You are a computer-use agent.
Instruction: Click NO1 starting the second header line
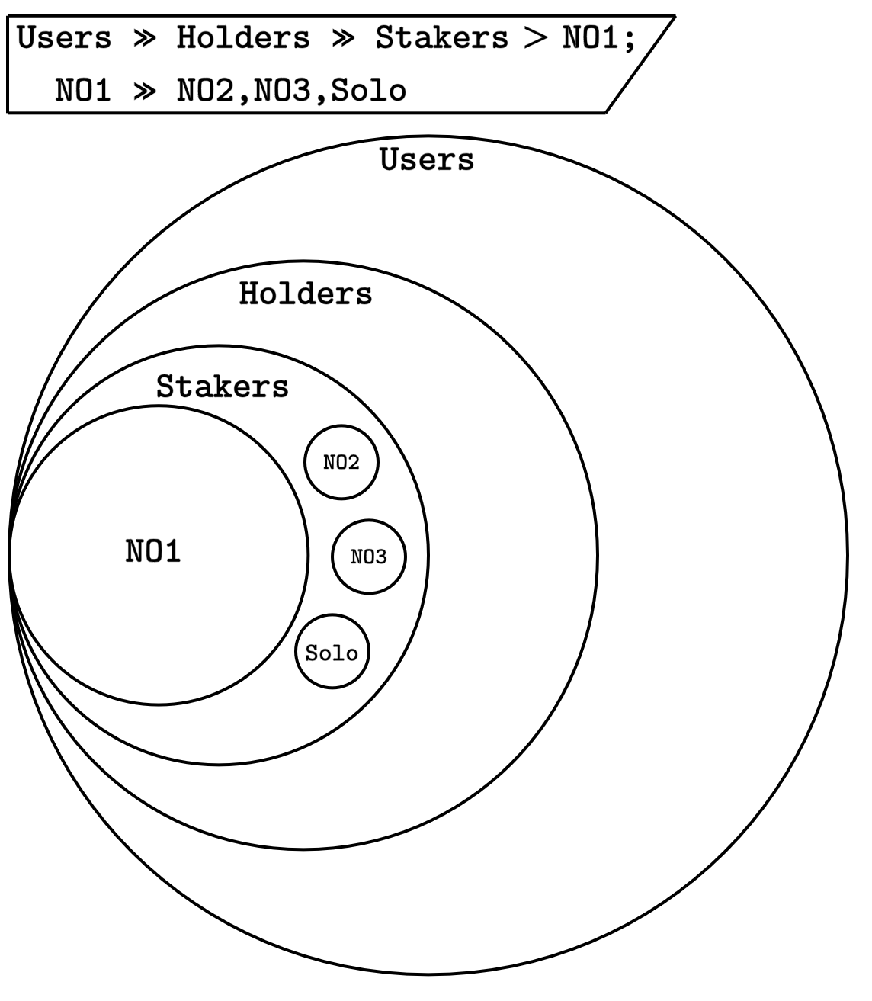[x=84, y=90]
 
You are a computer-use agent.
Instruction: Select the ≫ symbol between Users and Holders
[x=144, y=37]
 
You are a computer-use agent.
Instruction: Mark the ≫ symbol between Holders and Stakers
[x=342, y=37]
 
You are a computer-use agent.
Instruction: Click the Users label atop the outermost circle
[x=427, y=160]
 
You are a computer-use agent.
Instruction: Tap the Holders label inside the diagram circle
[x=306, y=294]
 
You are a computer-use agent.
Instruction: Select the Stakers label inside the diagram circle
[x=223, y=387]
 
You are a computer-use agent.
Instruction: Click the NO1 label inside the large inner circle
[x=153, y=551]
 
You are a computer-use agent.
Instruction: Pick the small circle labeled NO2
[x=341, y=463]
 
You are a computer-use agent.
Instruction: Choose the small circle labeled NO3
[x=369, y=557]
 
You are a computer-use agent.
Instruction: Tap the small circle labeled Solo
[x=332, y=653]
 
